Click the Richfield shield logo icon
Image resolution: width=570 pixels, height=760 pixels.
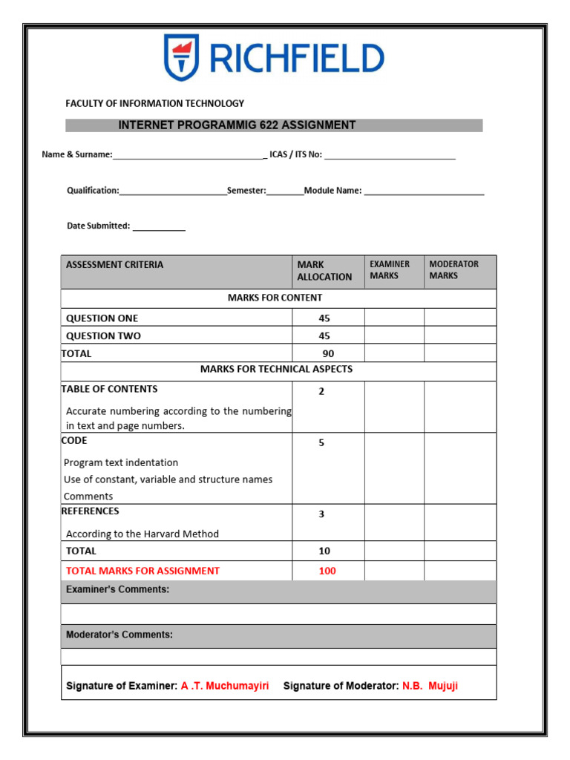181,57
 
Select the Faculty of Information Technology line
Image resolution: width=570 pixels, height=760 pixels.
154,103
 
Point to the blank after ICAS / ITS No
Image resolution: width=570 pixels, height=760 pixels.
390,155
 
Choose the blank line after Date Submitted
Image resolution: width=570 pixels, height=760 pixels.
159,226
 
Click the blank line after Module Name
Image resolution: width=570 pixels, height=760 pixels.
424,191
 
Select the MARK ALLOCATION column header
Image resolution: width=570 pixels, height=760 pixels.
324,271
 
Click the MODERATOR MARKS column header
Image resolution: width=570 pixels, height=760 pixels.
453,270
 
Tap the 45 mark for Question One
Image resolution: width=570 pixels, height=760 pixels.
324,318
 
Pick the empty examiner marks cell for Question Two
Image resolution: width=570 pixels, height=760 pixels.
394,335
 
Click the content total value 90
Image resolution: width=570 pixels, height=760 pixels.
328,354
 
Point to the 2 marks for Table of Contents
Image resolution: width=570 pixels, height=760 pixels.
321,392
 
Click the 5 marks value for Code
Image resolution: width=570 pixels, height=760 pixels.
321,443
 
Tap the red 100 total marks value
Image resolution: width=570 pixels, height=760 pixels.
327,571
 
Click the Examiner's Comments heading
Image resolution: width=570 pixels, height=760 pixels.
117,589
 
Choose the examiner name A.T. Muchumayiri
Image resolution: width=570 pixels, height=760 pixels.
225,686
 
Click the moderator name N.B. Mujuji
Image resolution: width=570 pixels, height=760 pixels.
430,686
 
